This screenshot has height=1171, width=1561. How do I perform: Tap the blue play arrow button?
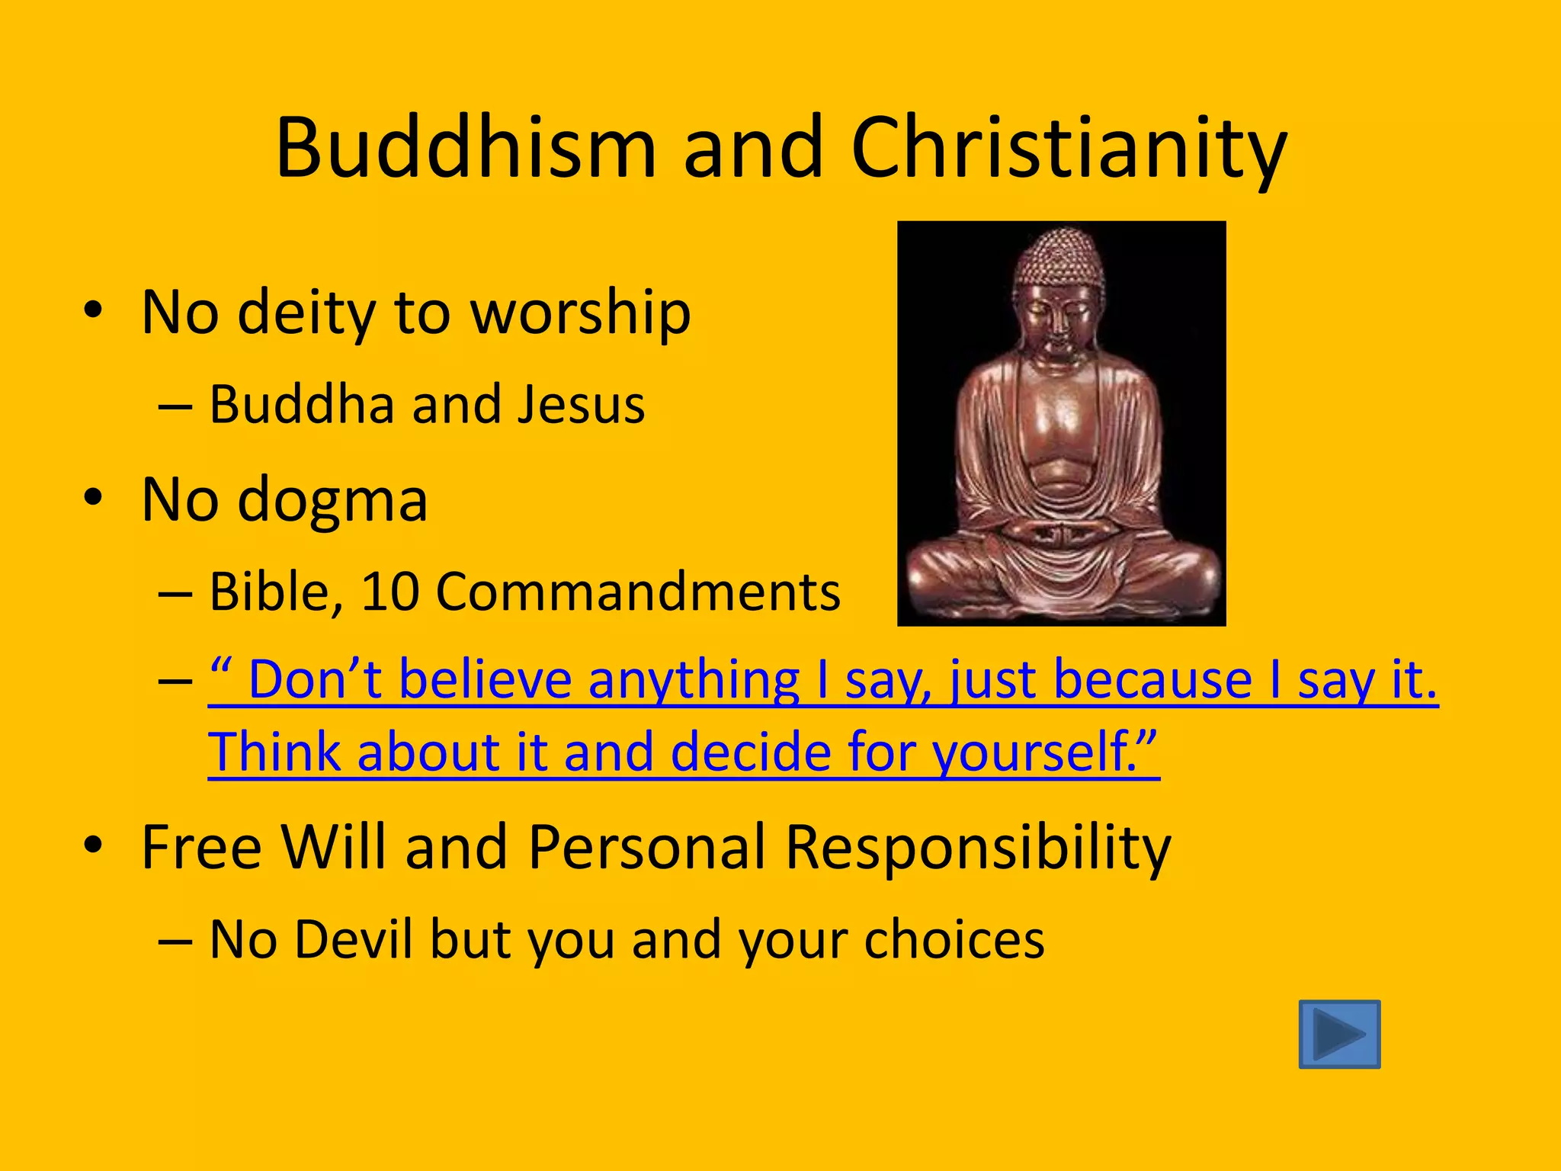pos(1339,1034)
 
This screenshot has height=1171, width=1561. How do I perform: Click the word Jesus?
pos(581,405)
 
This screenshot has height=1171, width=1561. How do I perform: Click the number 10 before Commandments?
pos(389,592)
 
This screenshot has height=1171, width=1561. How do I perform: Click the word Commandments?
pos(638,592)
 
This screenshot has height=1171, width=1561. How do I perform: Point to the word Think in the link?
pos(274,753)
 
